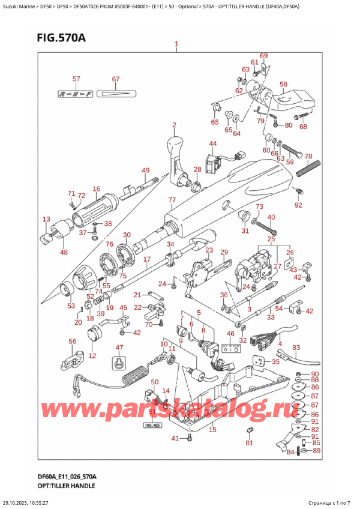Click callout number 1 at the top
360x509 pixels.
coord(176,44)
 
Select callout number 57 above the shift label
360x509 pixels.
coord(76,79)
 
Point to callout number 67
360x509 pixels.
coord(116,79)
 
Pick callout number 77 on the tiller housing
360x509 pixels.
coord(172,200)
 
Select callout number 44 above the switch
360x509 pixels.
coord(213,143)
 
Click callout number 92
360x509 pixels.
coord(299,205)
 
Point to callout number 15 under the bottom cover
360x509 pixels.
coord(212,429)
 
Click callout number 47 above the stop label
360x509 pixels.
coord(119,348)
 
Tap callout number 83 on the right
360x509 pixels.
coord(296,348)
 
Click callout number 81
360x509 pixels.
coord(250,444)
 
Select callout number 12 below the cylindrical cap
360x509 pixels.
coord(92,356)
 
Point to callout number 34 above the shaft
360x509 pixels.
coord(170,244)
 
